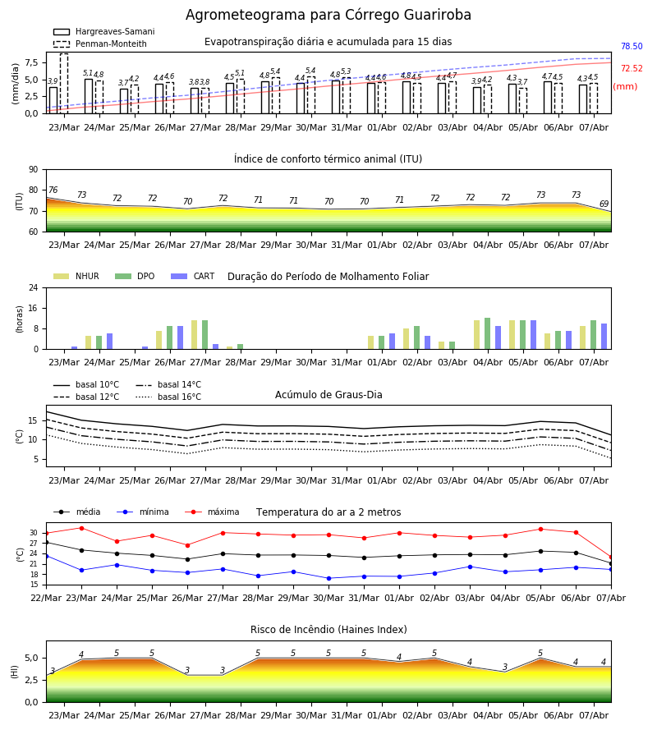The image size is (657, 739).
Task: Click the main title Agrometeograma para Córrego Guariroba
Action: point(328,15)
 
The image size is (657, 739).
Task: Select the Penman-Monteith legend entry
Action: point(100,44)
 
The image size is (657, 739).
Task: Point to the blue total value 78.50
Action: point(632,46)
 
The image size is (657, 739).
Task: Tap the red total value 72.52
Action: point(632,68)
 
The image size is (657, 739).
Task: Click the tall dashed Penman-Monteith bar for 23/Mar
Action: point(64,84)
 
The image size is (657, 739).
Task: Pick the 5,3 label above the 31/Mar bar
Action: point(346,71)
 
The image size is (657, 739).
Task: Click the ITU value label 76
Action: point(53,190)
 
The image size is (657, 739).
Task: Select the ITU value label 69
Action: point(604,204)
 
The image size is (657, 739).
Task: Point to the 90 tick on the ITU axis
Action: point(34,170)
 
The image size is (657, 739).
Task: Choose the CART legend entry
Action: point(193,276)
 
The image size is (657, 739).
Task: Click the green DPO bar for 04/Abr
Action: point(487,333)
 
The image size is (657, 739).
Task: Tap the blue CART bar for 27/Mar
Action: point(215,347)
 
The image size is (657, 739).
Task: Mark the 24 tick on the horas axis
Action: point(34,287)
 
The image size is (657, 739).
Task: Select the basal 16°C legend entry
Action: point(168,397)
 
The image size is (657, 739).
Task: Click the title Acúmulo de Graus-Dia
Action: point(328,395)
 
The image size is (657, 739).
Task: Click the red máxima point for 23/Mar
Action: point(81,528)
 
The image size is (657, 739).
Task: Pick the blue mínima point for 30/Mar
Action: point(329,578)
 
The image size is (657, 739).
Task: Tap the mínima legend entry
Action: point(143,512)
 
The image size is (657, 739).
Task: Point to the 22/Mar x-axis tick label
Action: point(46,598)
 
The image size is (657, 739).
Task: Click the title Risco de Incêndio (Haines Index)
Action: point(328,630)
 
